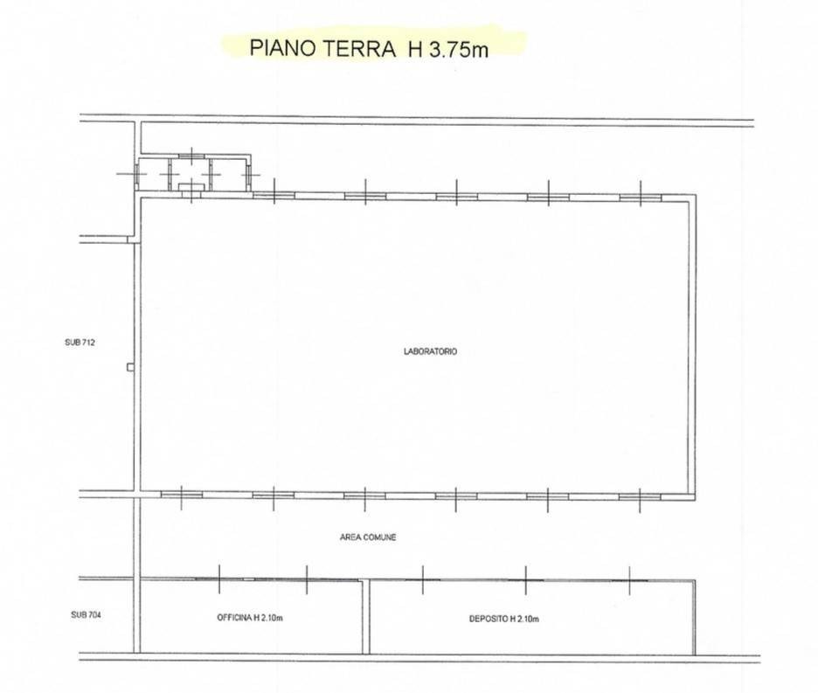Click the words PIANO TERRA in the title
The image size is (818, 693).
(322, 48)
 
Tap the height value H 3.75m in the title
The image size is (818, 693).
(448, 49)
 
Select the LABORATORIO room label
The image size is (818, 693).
(430, 351)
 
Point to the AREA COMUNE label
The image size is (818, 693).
(368, 537)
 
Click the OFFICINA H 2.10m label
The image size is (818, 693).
(250, 618)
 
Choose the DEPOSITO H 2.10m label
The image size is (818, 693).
(504, 619)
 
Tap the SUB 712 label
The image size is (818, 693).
(80, 343)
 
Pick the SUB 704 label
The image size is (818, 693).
(86, 615)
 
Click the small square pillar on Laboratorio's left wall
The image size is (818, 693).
(130, 367)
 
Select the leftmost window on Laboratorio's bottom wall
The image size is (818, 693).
(182, 494)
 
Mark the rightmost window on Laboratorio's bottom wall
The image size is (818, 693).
(640, 496)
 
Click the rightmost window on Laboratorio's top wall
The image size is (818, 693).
(641, 198)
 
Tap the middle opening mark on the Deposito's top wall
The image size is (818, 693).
(526, 579)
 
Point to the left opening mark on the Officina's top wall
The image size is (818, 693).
(219, 579)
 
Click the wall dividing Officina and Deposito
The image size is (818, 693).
(365, 616)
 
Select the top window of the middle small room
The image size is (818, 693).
(192, 156)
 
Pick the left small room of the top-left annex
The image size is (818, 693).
(154, 174)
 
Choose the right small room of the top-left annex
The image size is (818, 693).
(228, 174)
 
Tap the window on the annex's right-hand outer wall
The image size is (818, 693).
(249, 174)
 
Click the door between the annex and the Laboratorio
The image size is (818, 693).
(192, 194)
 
